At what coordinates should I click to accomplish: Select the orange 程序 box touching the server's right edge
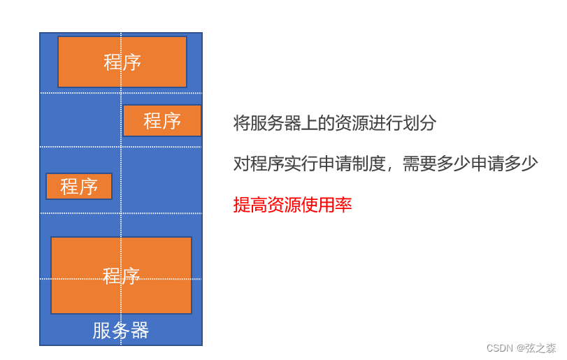coord(162,120)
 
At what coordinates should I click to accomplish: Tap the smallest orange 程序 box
coord(79,187)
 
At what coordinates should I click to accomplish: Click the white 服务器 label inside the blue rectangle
coord(121,331)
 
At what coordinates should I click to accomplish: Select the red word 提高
coord(250,206)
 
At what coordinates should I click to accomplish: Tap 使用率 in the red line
coord(326,206)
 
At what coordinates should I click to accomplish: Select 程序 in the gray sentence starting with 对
coord(268,164)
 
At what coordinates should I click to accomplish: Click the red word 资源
coord(285,206)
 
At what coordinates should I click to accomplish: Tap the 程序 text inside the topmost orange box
coord(122,62)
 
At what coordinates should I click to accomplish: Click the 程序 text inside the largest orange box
coord(121,275)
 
